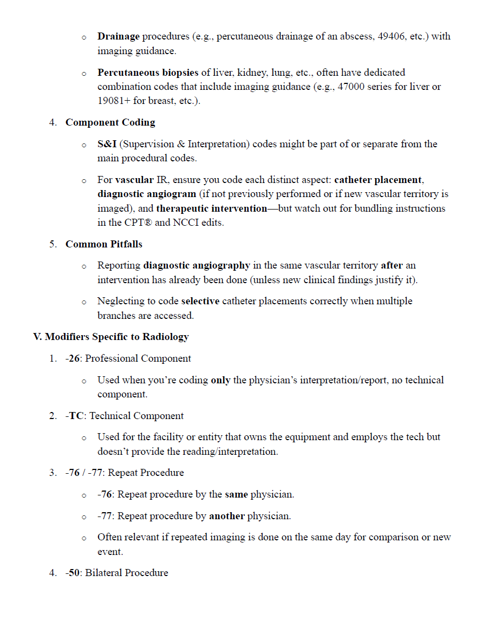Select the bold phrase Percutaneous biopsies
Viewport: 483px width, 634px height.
148,73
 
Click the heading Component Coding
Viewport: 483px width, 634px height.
110,122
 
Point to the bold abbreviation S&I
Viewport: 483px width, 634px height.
107,144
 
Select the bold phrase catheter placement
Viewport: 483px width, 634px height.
377,180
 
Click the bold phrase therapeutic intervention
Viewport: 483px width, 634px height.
211,208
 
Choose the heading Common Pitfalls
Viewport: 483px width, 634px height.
104,244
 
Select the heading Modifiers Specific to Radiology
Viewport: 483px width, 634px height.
111,337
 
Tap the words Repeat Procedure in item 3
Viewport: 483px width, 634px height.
146,473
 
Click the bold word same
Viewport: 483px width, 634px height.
236,494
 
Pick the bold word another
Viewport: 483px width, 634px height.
226,516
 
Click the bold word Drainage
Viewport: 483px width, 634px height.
118,37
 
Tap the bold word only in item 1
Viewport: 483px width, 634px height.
220,380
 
